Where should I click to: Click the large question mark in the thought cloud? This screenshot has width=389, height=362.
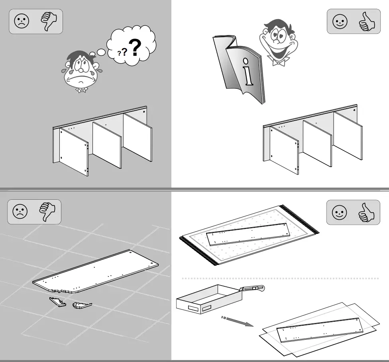[x=136, y=47]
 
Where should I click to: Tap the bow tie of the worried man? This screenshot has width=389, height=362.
[x=82, y=90]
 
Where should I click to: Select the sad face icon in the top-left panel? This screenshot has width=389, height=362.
[x=22, y=21]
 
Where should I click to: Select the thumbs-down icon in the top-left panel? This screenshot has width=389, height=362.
[x=49, y=21]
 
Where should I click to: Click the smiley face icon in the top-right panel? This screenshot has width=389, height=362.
[x=340, y=21]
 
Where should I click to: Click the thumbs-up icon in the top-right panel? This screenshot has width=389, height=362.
[x=367, y=21]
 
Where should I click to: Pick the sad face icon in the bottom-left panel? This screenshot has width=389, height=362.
[x=20, y=212]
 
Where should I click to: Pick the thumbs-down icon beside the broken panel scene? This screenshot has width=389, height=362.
[x=47, y=212]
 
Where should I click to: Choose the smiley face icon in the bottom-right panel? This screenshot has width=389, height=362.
[x=340, y=212]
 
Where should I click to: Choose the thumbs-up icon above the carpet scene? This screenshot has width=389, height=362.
[x=367, y=212]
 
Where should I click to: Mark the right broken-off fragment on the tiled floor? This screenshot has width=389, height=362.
[x=82, y=306]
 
